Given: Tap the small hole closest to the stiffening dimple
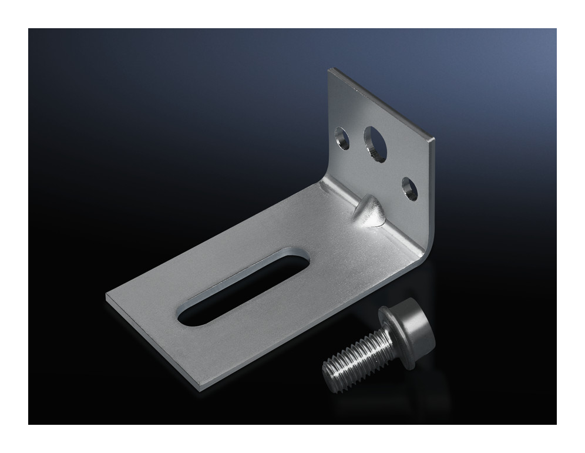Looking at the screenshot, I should pos(409,189).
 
